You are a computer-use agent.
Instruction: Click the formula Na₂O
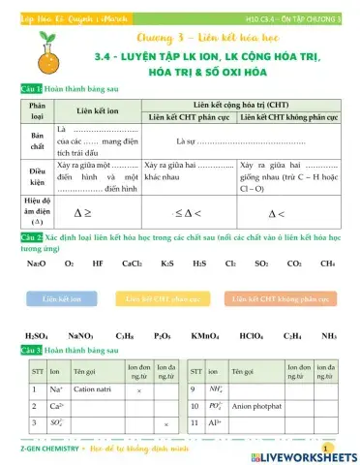36,263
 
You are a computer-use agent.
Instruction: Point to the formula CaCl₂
133,263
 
